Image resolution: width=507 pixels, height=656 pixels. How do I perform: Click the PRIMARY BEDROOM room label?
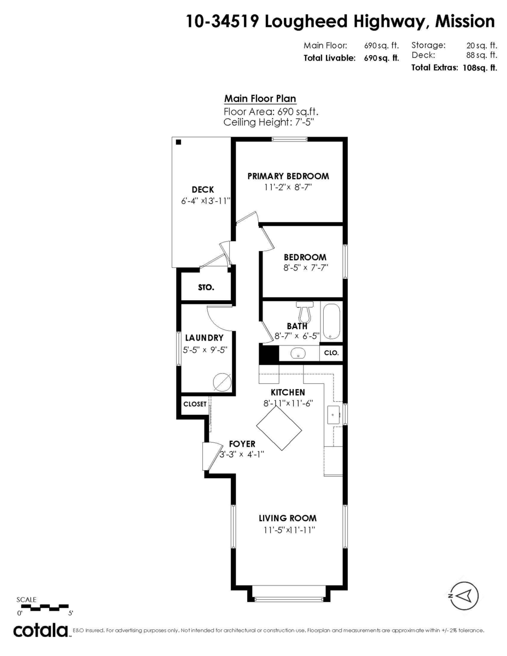tap(288, 176)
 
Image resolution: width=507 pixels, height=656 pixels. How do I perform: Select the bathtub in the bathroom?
tap(331, 323)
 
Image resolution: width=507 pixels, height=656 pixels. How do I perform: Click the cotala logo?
tap(41, 630)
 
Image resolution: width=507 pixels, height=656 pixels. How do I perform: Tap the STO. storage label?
tap(206, 287)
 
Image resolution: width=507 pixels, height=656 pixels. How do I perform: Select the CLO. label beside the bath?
tap(332, 353)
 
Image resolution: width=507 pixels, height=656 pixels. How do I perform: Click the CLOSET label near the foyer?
tap(195, 404)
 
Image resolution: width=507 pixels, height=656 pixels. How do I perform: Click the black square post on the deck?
tap(179, 142)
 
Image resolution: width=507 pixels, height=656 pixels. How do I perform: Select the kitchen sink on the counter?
tap(334, 415)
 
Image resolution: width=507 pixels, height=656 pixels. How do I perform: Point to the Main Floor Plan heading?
tap(260, 99)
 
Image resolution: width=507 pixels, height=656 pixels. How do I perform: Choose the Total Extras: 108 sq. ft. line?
tap(454, 68)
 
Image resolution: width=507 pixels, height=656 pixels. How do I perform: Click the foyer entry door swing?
tap(207, 456)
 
